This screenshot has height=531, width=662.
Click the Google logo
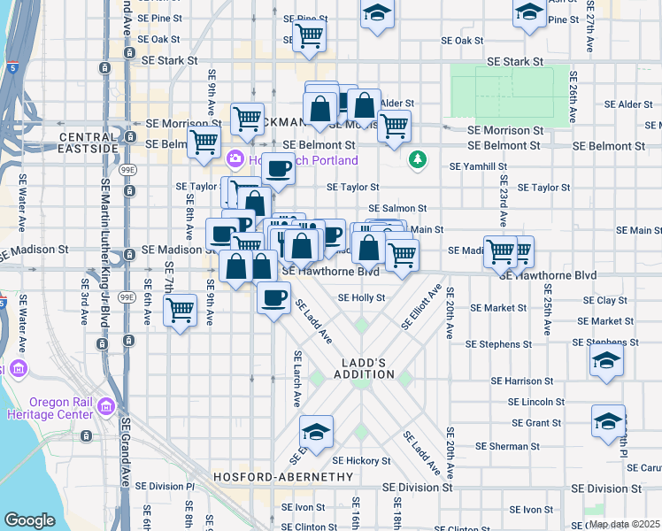(x=29, y=520)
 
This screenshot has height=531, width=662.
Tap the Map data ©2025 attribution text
(x=624, y=524)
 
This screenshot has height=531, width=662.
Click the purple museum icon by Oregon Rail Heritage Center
(x=106, y=407)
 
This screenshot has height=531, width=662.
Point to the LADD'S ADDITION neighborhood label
(x=364, y=368)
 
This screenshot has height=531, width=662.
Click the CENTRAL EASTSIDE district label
(x=89, y=142)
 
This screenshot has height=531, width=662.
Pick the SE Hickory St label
(x=361, y=461)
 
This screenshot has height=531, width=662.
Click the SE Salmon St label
(x=398, y=208)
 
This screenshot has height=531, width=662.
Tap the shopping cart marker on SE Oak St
(x=310, y=35)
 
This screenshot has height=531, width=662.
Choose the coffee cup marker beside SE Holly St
(x=274, y=296)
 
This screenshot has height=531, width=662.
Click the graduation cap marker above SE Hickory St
(x=316, y=432)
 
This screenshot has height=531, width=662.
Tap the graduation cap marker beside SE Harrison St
(x=607, y=361)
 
